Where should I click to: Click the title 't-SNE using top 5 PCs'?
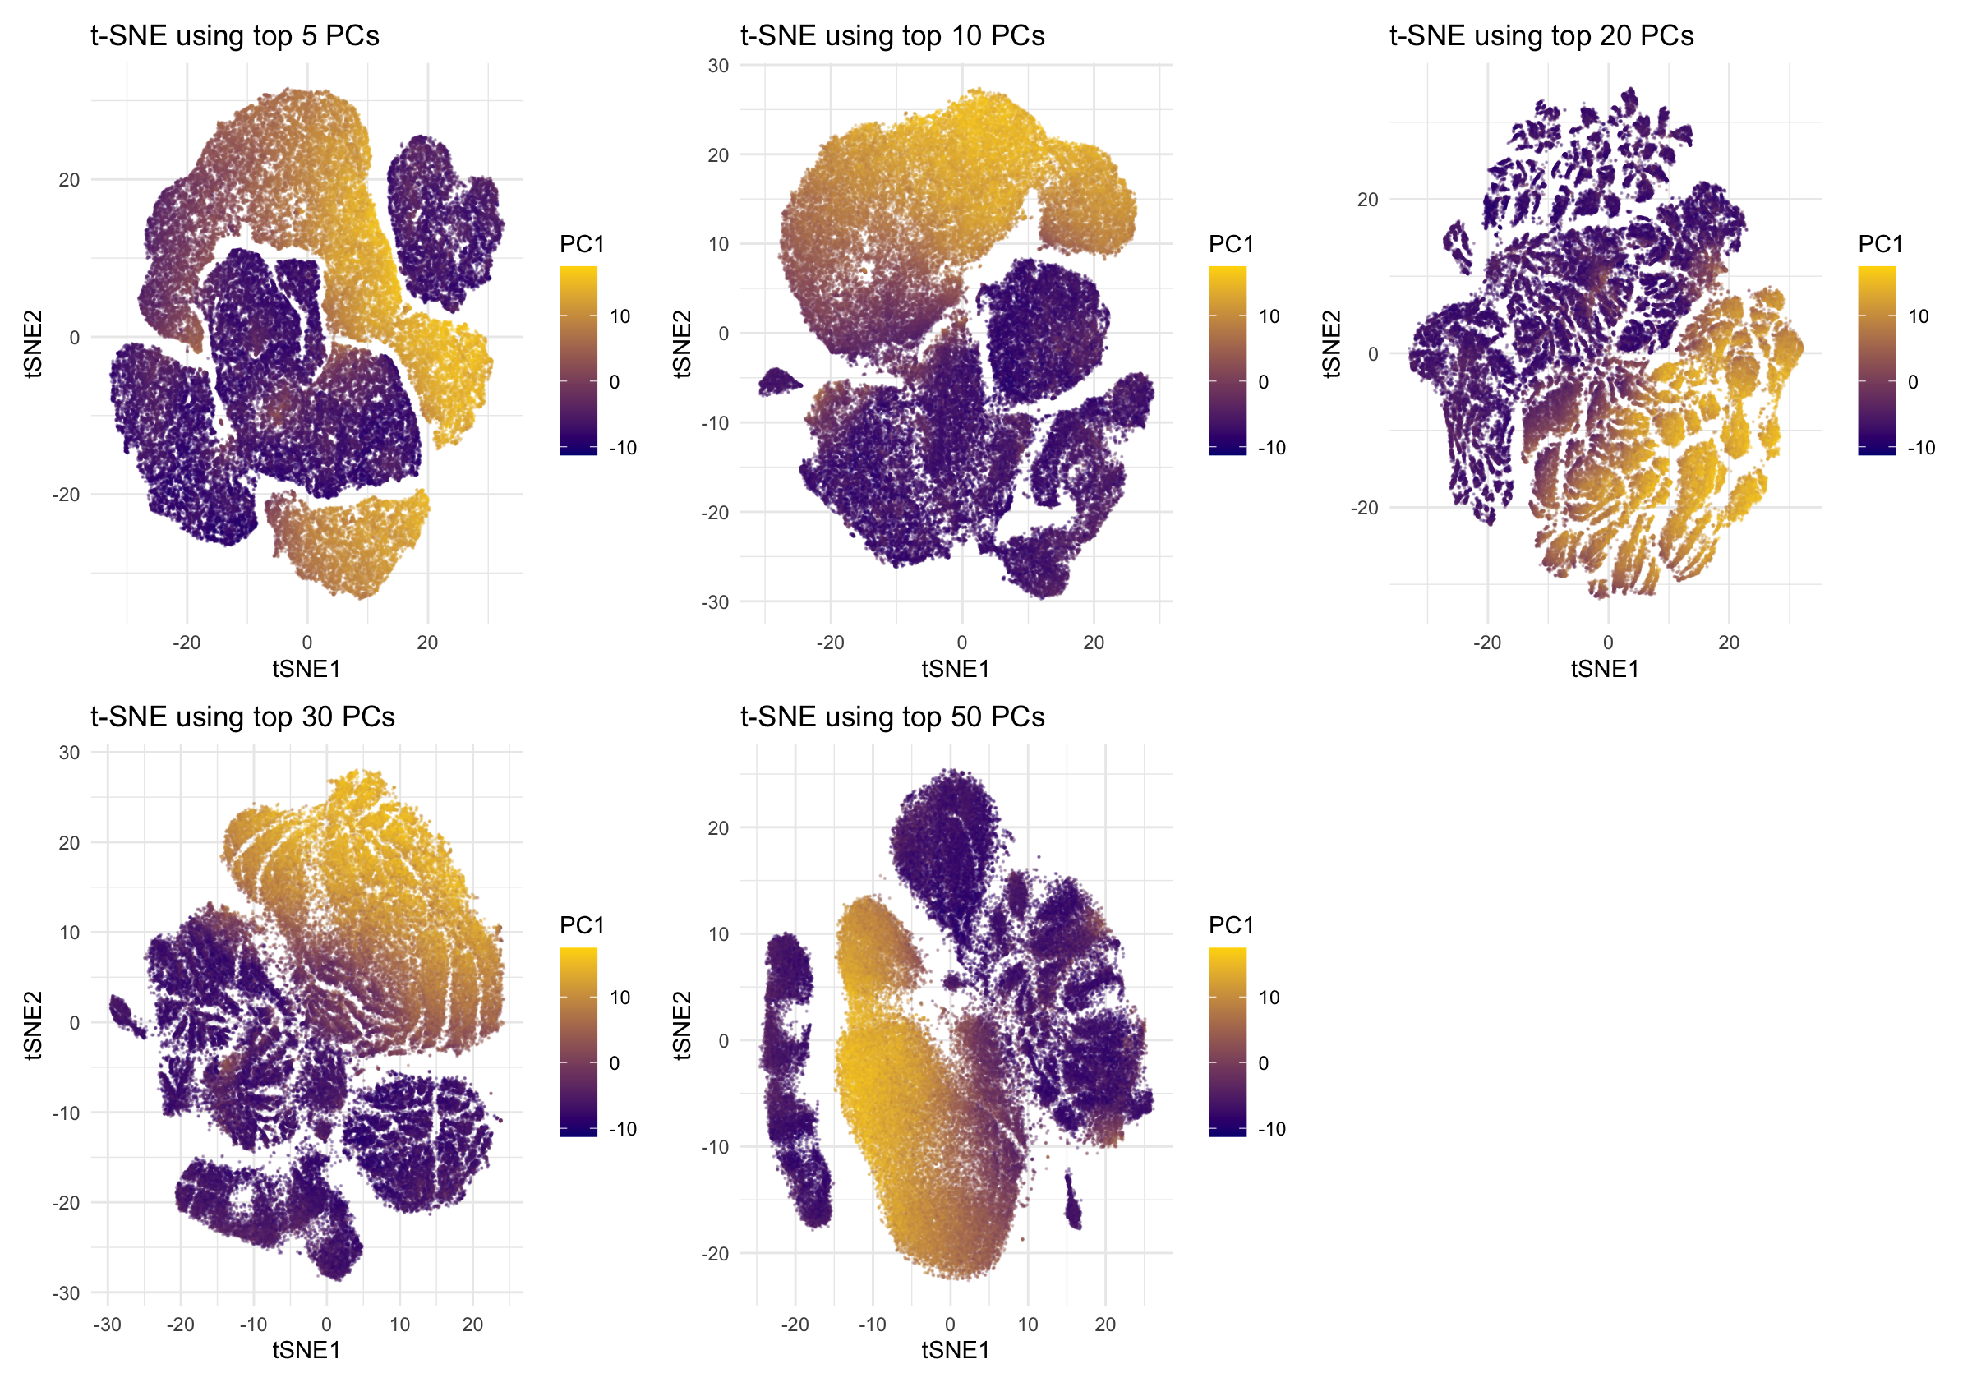coord(234,36)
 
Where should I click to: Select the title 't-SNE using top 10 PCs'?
coord(892,36)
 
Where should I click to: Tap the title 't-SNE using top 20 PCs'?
coord(1541,36)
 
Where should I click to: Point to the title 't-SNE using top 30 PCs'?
coord(242,717)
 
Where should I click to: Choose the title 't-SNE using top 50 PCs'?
coord(892,717)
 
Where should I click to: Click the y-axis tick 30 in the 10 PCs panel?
coord(718,66)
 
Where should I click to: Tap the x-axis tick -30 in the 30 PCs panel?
coord(107,1325)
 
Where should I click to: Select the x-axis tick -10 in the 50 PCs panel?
coord(872,1325)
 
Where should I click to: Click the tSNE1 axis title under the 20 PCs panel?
coord(1605,669)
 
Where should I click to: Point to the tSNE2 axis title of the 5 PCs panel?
coord(33,343)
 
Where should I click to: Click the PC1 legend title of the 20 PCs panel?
coord(1880,245)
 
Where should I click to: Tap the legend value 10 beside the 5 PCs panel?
coord(620,317)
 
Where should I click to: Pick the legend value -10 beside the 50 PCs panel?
coord(1271,1129)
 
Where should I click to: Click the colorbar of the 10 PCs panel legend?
coord(1227,361)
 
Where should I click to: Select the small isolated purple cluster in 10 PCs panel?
coord(779,381)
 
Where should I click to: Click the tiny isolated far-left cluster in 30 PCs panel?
coord(126,1017)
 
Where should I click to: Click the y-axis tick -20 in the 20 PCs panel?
coord(1364,508)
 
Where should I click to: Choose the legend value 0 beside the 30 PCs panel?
coord(614,1063)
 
